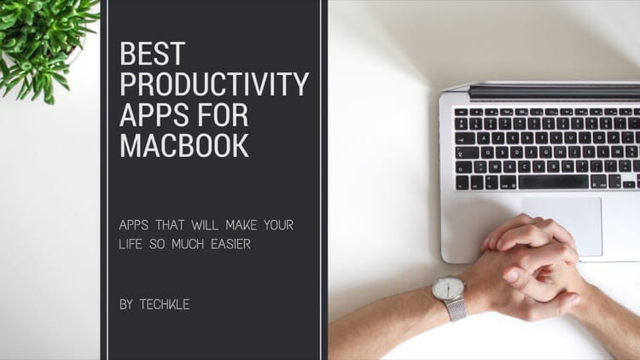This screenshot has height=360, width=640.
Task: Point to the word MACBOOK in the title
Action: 184,145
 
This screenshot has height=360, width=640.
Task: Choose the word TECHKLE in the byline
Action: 166,304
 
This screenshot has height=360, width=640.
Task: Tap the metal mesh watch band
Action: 457,309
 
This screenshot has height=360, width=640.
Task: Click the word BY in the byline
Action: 126,304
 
